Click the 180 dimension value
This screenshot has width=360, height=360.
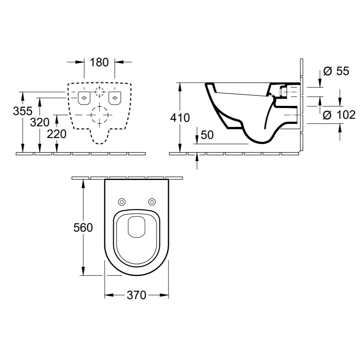99,62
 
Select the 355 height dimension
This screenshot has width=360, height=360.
22,111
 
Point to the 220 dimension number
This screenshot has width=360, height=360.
57,134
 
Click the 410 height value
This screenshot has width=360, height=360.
180,118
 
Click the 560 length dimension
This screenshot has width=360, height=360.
83,228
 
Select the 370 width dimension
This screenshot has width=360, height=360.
136,295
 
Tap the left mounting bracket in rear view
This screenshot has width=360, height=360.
84,98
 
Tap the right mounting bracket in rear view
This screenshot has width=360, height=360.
115,98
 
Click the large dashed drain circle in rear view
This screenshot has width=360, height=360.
99,115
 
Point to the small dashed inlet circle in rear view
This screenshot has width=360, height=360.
99,91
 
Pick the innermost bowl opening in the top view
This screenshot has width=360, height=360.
136,226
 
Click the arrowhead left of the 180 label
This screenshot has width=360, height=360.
81,62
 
